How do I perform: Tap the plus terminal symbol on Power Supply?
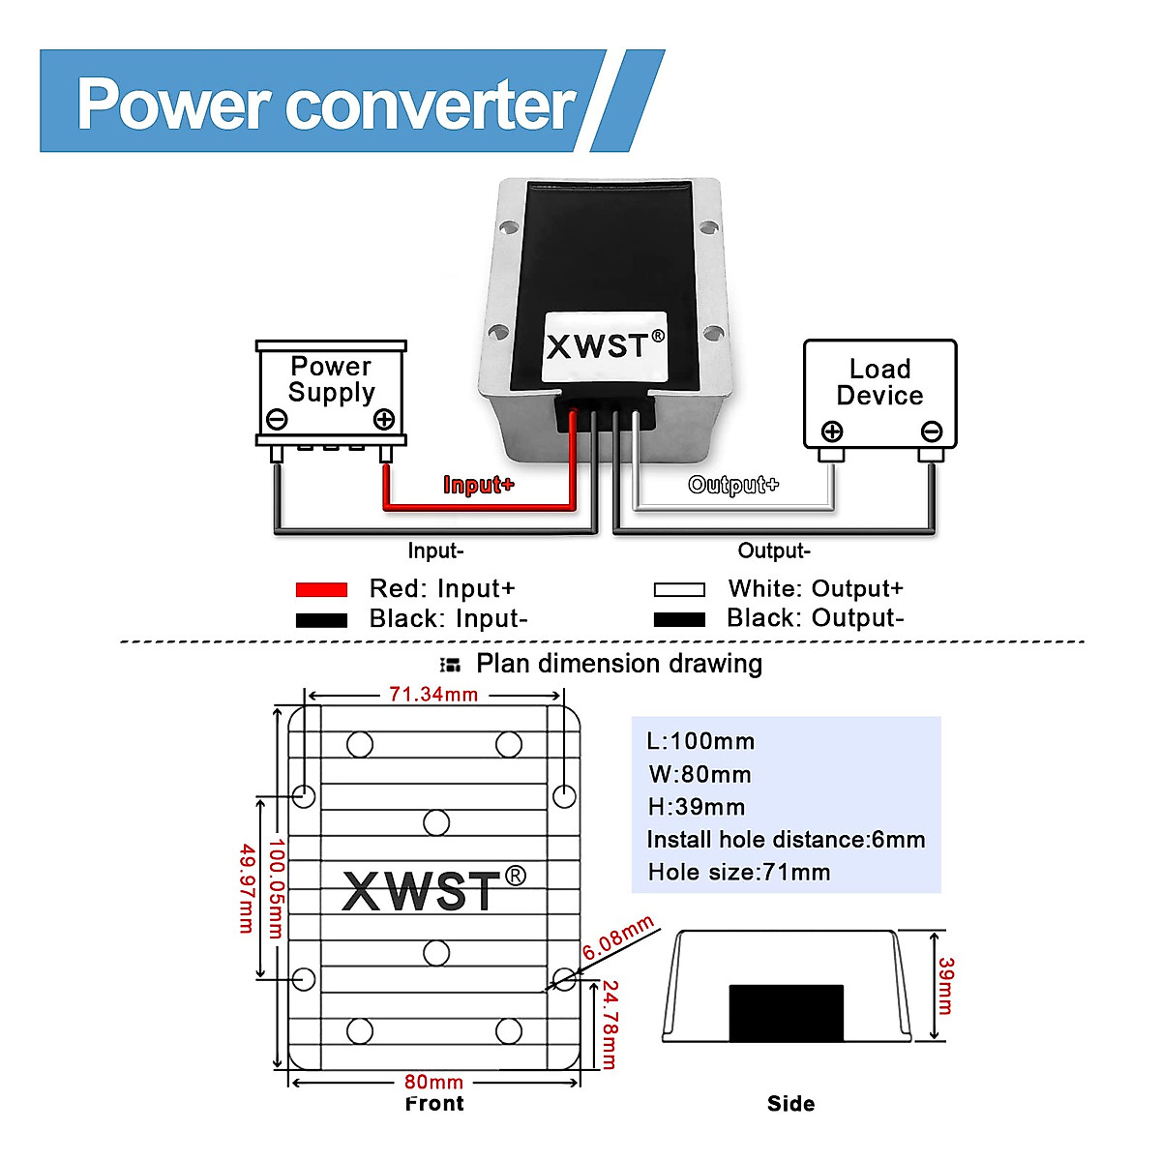[x=384, y=419]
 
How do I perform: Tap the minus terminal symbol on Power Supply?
[x=277, y=419]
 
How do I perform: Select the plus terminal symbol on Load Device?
[x=832, y=432]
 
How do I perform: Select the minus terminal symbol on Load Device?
[x=932, y=432]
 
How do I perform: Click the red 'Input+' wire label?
[x=478, y=485]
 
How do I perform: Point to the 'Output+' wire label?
[x=733, y=485]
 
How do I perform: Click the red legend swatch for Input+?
[x=321, y=589]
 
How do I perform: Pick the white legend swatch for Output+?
[x=679, y=589]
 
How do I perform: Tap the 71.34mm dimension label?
[x=433, y=695]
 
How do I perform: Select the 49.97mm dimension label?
[x=247, y=888]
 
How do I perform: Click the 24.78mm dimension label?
[x=610, y=1024]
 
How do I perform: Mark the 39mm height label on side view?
[x=945, y=985]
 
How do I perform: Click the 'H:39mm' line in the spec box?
[x=696, y=807]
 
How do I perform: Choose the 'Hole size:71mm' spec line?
[x=739, y=873]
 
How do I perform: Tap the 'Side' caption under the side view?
[x=790, y=1104]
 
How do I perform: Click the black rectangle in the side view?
[x=786, y=1013]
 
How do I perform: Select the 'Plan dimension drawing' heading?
[x=618, y=664]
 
